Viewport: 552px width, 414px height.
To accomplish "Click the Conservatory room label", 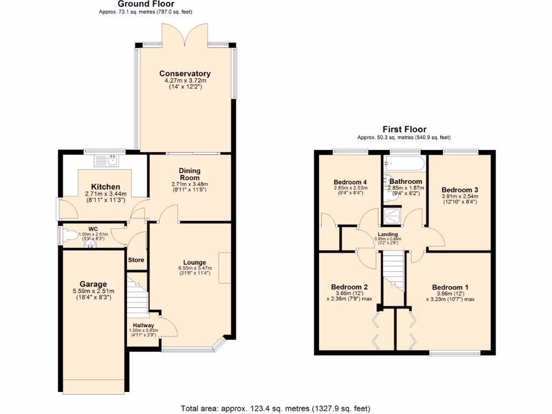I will (x=184, y=74).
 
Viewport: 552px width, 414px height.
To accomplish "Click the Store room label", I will (x=136, y=260).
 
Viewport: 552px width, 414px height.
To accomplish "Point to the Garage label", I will (x=94, y=284).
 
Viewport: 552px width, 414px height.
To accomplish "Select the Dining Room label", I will (x=189, y=174).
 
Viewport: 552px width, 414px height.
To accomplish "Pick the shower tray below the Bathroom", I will (x=395, y=217).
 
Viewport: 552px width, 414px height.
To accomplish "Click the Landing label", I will (x=388, y=234).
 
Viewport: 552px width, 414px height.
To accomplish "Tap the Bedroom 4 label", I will (x=350, y=182).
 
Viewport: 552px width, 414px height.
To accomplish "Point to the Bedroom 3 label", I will (x=459, y=190).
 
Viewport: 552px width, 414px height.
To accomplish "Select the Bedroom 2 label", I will (x=349, y=287).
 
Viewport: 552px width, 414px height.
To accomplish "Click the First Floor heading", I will (x=404, y=129).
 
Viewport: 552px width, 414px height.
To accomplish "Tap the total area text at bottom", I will (x=275, y=408).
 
